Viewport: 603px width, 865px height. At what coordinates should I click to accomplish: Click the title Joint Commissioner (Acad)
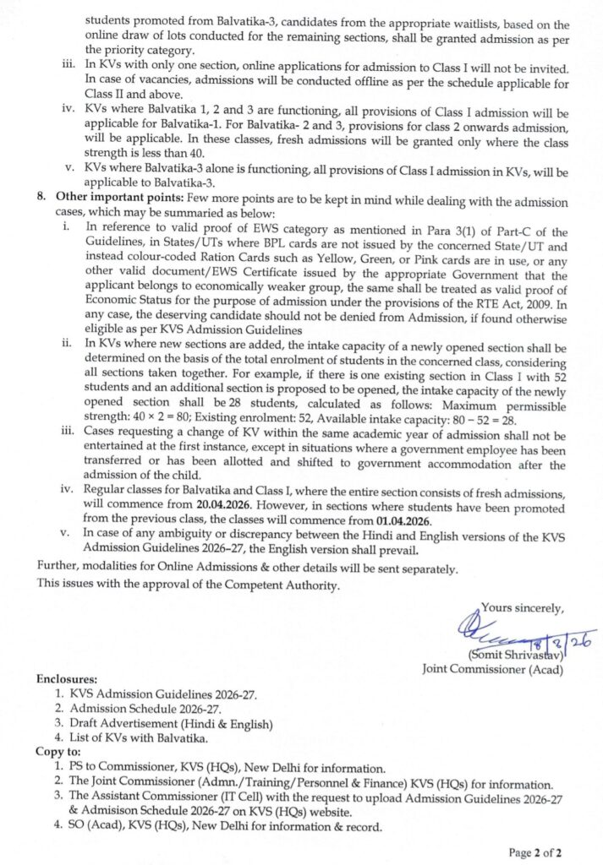(x=493, y=670)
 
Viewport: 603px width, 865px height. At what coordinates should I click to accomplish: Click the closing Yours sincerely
(x=522, y=606)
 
